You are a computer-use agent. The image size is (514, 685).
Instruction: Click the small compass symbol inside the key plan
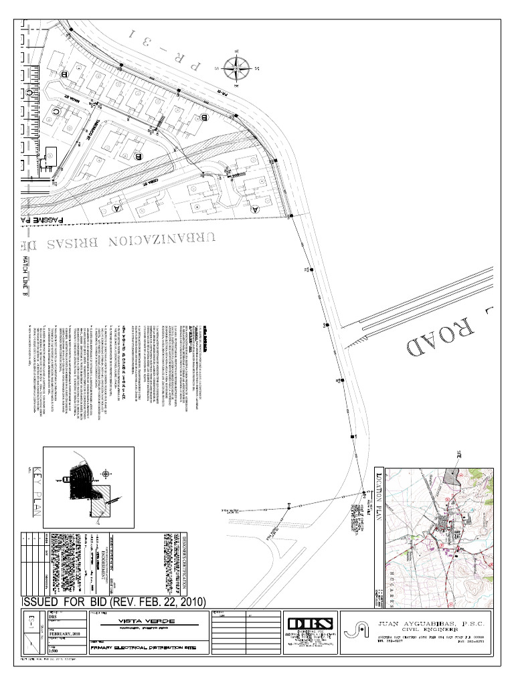pyautogui.click(x=106, y=474)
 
